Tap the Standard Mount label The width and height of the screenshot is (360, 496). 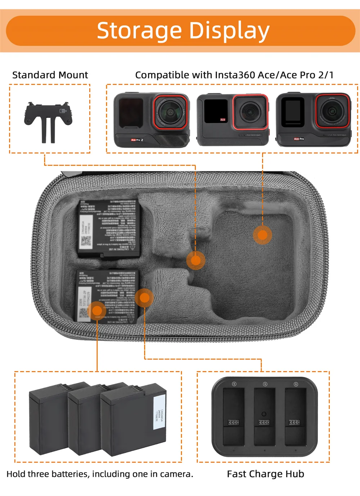(50, 75)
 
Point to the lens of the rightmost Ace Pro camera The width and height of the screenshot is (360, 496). (332, 111)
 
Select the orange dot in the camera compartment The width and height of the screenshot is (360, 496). (262, 235)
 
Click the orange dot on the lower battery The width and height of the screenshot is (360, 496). (97, 310)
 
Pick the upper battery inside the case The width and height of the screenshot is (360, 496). (109, 229)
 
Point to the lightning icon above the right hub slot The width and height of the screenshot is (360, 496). (296, 384)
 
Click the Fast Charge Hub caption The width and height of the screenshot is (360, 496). (265, 474)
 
